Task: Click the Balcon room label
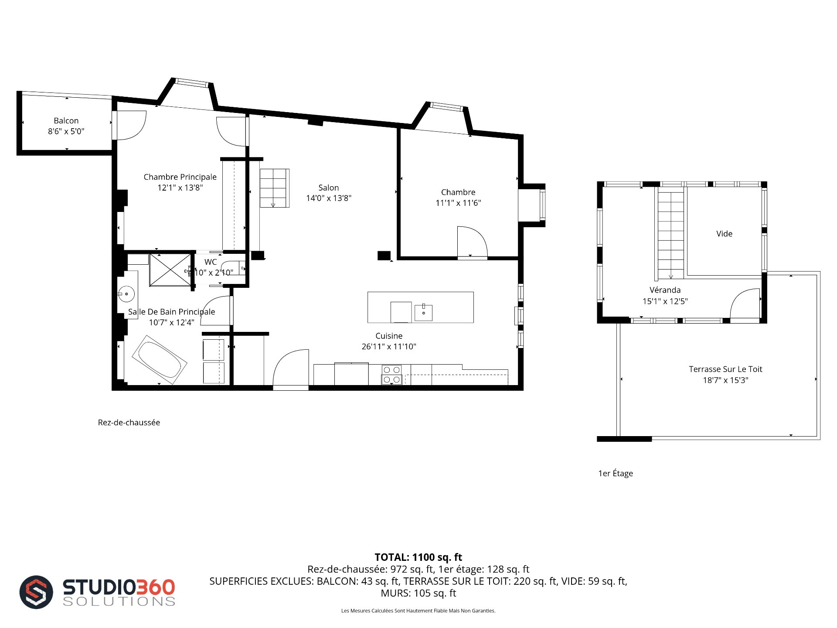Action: [x=66, y=121]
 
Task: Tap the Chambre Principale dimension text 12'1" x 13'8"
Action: [x=180, y=188]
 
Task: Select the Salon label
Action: [x=328, y=188]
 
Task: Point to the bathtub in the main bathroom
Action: [x=160, y=360]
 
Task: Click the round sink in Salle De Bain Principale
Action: [x=126, y=294]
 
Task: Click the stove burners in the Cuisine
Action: [x=391, y=375]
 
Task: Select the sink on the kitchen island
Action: [x=423, y=312]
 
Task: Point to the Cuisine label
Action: [x=389, y=336]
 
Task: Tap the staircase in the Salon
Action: [x=275, y=188]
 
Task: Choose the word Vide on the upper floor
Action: [x=724, y=234]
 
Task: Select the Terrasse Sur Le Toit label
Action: [x=725, y=369]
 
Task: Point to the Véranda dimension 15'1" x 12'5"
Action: [x=665, y=301]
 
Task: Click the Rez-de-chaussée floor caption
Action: [x=129, y=423]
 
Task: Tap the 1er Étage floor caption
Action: [x=616, y=474]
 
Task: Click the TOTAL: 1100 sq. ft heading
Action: [x=418, y=557]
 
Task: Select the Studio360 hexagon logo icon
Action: [x=36, y=592]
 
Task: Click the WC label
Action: [x=211, y=262]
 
